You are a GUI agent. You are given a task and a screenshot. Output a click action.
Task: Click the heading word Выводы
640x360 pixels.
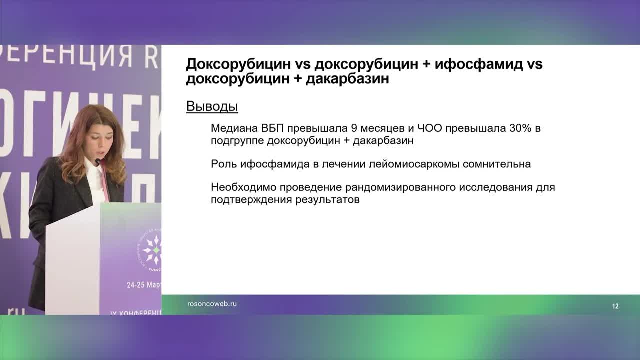[x=212, y=106]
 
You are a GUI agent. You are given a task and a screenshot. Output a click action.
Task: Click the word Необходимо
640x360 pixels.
[x=242, y=188]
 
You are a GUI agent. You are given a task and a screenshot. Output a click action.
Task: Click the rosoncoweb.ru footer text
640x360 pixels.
[x=212, y=304]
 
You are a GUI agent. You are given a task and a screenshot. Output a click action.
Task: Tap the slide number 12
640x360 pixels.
[x=615, y=306]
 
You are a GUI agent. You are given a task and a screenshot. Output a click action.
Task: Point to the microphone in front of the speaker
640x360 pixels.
[x=98, y=162]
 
